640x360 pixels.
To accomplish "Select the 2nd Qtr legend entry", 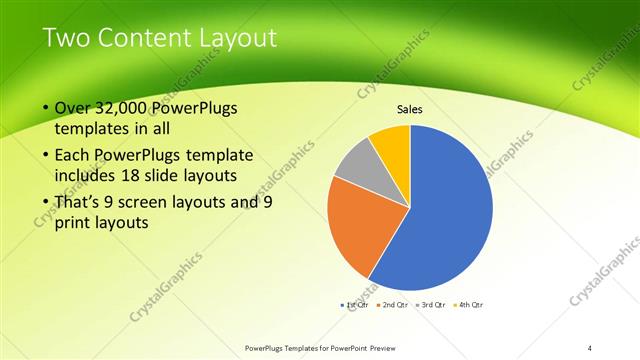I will [394, 303].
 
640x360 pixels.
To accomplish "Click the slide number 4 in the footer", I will [590, 347].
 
